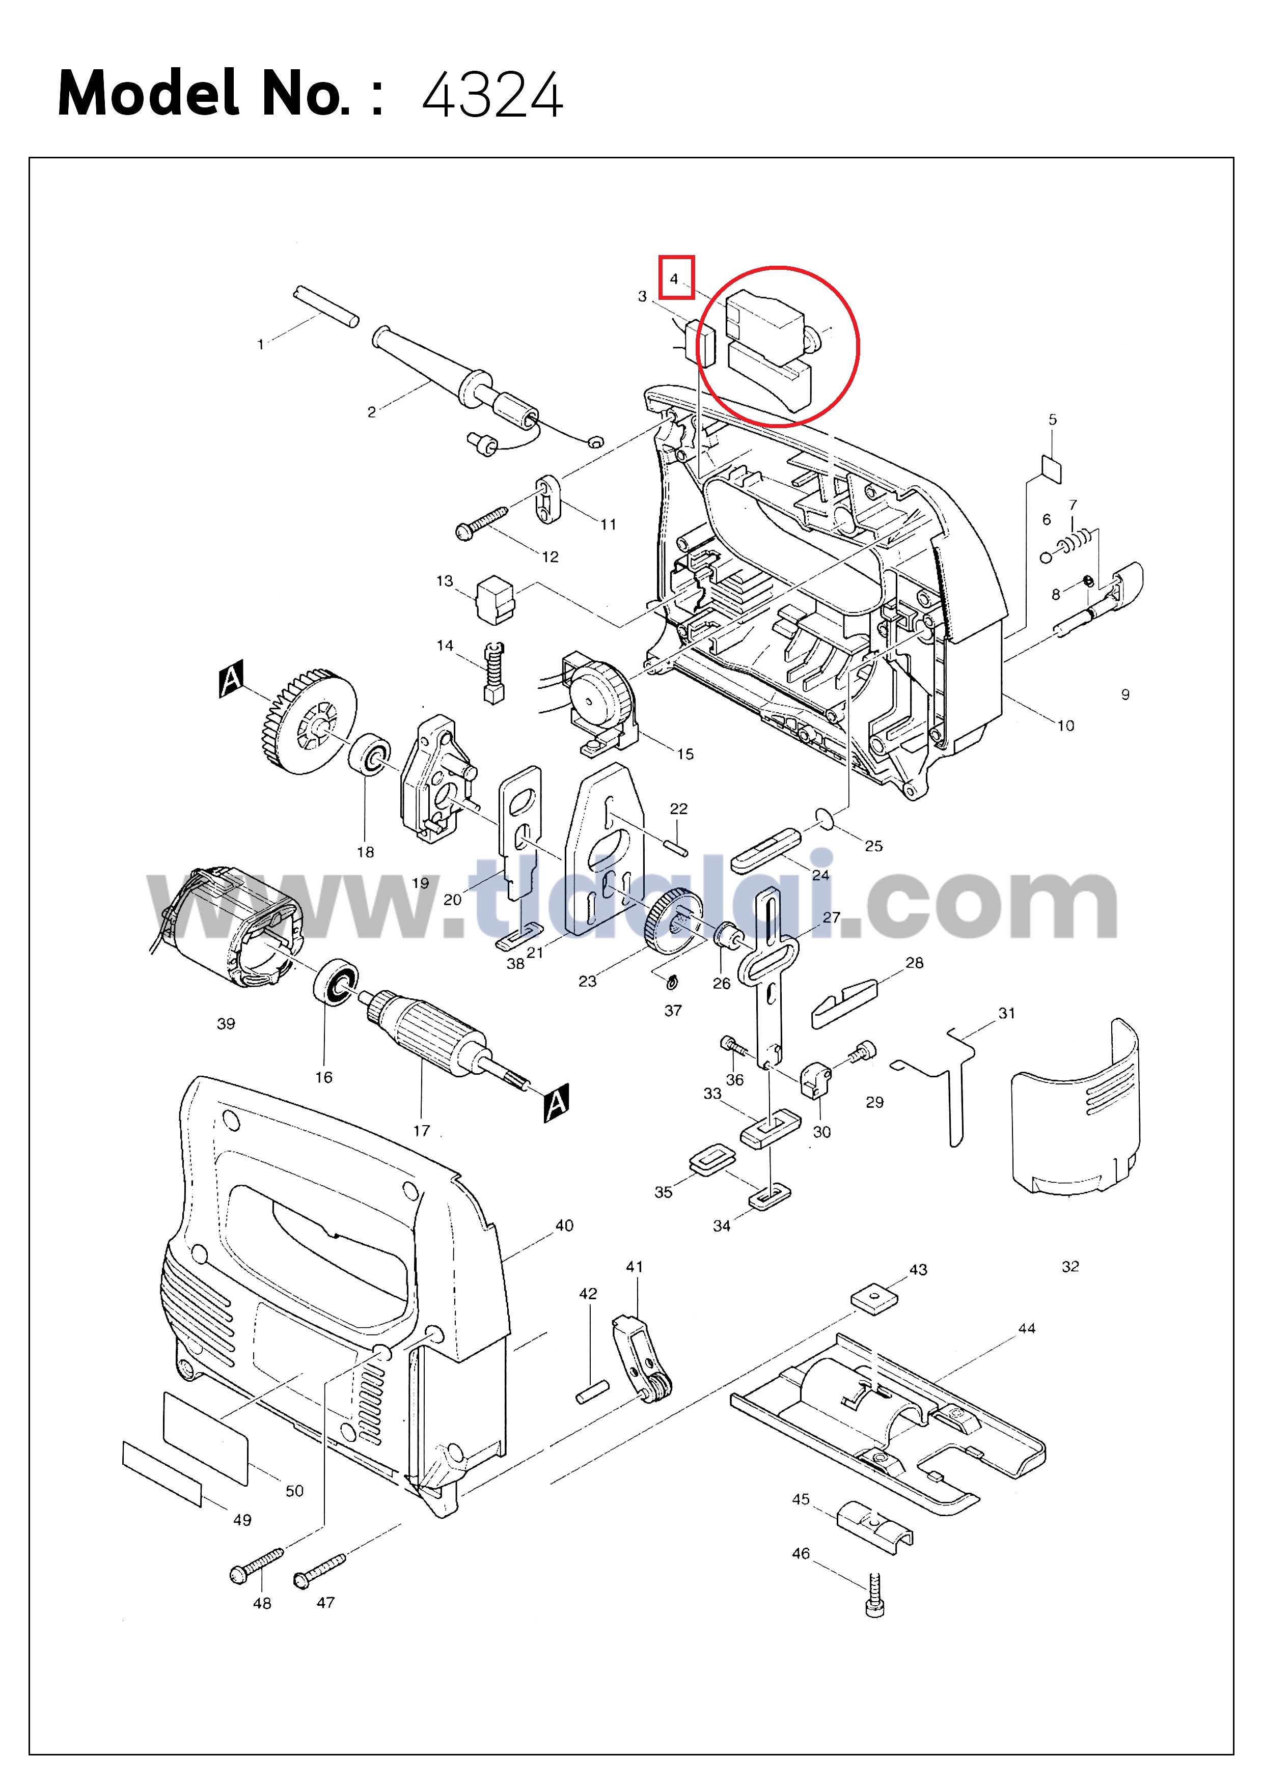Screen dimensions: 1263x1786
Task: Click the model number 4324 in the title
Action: point(492,95)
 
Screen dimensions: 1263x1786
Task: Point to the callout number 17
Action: point(421,1130)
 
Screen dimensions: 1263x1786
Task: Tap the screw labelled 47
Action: point(319,1570)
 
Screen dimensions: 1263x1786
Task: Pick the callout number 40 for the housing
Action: point(564,1225)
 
